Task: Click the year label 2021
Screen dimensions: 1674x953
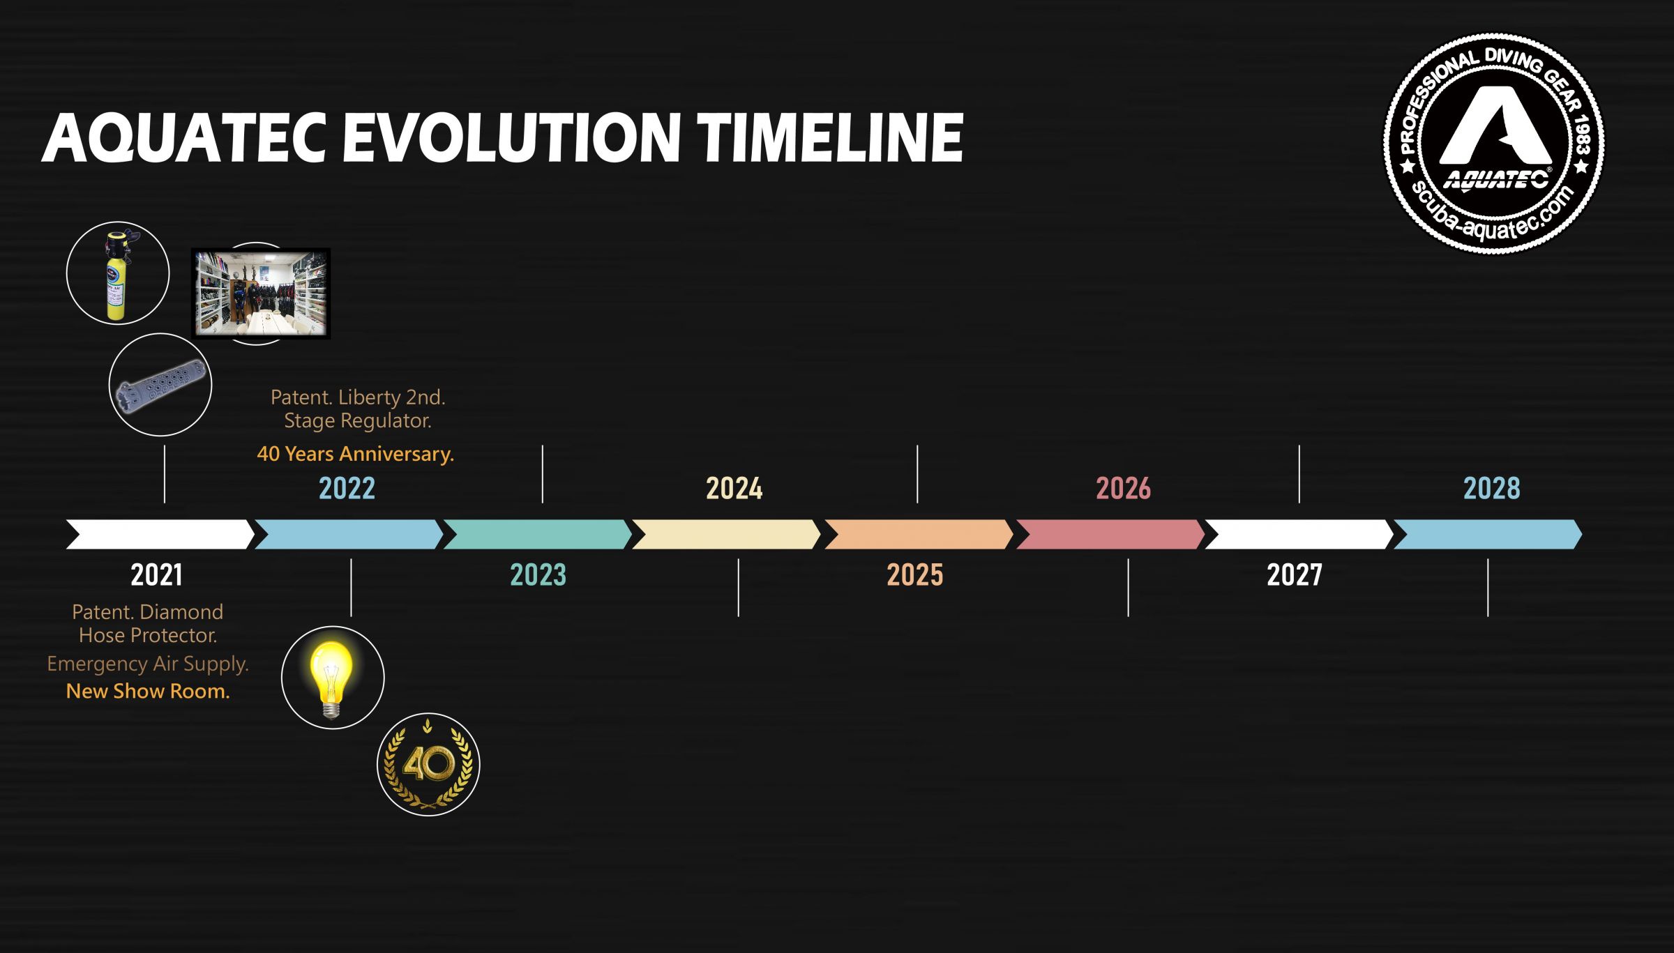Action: tap(156, 575)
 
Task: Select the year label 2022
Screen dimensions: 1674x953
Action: tap(347, 488)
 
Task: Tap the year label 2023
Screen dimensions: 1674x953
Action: tap(538, 575)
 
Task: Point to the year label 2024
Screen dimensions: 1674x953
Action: tap(734, 488)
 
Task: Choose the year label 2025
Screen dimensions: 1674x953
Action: tap(914, 575)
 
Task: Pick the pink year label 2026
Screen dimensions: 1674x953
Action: tap(1123, 488)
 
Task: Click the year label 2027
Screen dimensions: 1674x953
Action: tap(1295, 575)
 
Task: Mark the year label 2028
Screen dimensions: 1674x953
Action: tap(1491, 488)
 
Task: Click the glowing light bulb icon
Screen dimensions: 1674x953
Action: tap(333, 678)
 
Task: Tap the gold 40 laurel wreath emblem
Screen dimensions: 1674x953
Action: tap(428, 765)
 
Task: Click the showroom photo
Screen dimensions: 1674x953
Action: tap(261, 293)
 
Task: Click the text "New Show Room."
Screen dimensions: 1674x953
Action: tap(148, 692)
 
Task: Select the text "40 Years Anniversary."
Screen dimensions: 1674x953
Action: tap(356, 454)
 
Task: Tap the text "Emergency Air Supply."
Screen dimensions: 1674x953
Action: tap(148, 664)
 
